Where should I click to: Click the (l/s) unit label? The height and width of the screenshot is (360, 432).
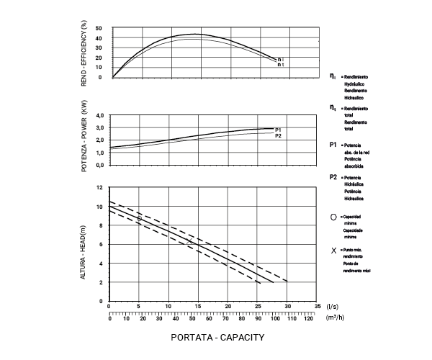tap(333, 306)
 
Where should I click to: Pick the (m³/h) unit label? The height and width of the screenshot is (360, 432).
tap(336, 317)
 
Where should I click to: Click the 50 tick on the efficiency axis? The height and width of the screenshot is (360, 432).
tap(99, 29)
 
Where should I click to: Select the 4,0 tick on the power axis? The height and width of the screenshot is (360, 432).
tap(100, 116)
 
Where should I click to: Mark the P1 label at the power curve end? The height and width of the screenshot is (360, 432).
tap(278, 130)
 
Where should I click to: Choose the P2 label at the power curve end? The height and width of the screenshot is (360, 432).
tap(278, 136)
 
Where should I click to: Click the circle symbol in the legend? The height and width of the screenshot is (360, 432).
tap(333, 217)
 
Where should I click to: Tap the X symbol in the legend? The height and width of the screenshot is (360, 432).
tap(333, 251)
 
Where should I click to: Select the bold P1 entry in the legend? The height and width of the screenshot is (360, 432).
tap(333, 145)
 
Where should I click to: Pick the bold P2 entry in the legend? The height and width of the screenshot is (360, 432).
tap(333, 176)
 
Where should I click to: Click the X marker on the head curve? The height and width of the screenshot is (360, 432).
tap(189, 242)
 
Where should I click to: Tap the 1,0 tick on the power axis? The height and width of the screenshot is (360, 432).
tap(100, 153)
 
